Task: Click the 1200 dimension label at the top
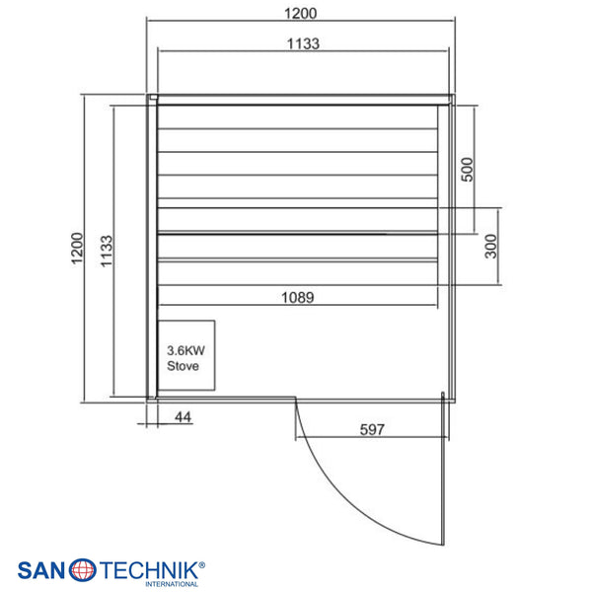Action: click(300, 14)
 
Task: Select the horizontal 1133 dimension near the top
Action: click(303, 43)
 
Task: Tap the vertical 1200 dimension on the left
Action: click(77, 248)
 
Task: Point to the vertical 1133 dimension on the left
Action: click(107, 251)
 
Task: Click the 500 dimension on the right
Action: click(467, 170)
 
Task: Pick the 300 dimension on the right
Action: click(490, 246)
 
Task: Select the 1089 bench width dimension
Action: click(298, 298)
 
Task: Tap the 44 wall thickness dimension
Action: click(184, 417)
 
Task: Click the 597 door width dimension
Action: click(372, 429)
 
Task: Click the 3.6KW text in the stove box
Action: click(185, 350)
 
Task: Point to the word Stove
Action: click(183, 366)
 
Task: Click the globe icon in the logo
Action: click(82, 569)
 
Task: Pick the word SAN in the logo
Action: click(41, 570)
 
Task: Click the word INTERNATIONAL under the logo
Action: click(172, 584)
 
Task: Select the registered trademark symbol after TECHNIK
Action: click(201, 565)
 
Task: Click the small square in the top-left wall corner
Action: click(153, 97)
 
